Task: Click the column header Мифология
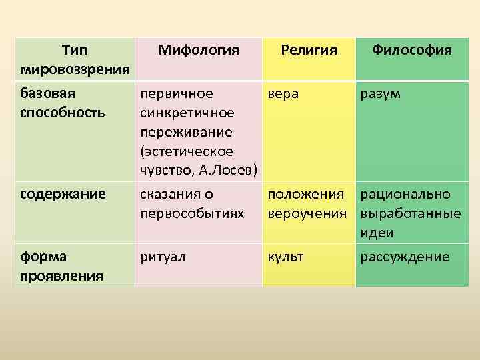[x=199, y=51]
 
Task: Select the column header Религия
[x=309, y=51]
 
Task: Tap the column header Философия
[x=412, y=50]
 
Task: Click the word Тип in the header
[x=75, y=50]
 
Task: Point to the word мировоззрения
[x=75, y=70]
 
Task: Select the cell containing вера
[x=309, y=131]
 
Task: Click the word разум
[x=380, y=94]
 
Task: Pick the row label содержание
[x=63, y=195]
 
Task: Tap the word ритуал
[x=163, y=257]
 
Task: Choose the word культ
[x=285, y=257]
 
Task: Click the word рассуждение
[x=405, y=257]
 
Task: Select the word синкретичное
[x=187, y=113]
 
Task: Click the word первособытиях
[x=192, y=214]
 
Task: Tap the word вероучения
[x=307, y=214]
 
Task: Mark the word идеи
[x=377, y=233]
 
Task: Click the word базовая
[x=47, y=93]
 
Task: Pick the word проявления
[x=61, y=277]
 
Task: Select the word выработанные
[x=411, y=214]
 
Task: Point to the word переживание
[x=186, y=133]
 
